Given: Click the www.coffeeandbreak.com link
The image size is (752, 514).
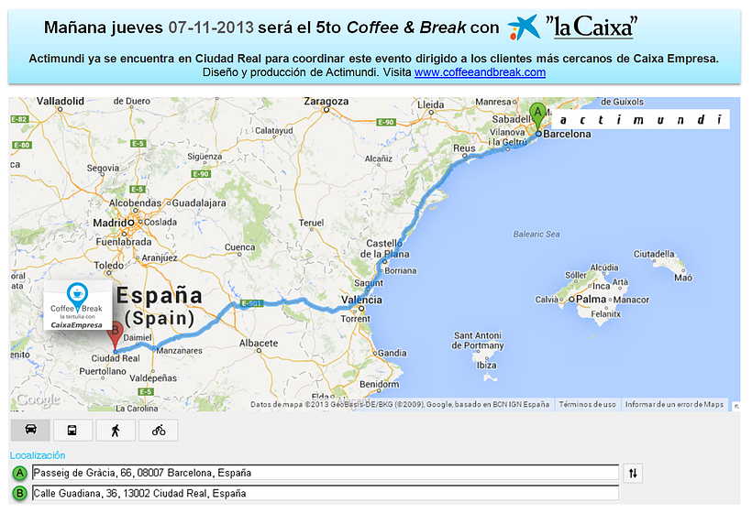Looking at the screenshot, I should coord(480,71).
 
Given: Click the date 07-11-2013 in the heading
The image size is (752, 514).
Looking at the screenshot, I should coord(212,27).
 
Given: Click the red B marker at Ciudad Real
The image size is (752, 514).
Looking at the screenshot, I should coord(115,334).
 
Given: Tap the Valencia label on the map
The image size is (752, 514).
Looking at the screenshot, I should coord(360,300).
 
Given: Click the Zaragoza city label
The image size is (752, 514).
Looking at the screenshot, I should coord(326,101).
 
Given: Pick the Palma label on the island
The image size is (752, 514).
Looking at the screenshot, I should coord(592,300).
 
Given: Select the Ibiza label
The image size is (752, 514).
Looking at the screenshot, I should coord(486,366).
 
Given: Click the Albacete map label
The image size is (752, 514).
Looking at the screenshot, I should coord(258,343).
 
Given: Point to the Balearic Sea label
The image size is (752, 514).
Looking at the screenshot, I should coord(536,235).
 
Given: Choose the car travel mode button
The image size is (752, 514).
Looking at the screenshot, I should coord(30,430).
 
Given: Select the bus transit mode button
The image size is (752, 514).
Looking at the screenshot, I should coord(72,430).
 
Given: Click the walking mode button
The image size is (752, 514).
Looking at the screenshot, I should coord(116,430).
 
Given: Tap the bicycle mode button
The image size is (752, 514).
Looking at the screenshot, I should coord(159,430).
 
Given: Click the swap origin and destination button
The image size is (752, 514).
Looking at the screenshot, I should coord(634,473).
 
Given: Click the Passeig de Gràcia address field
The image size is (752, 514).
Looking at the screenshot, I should coord(325,473).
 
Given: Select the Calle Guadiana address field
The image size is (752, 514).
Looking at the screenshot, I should coord(325,493).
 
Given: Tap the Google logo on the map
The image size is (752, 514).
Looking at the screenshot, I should coord(37,399).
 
